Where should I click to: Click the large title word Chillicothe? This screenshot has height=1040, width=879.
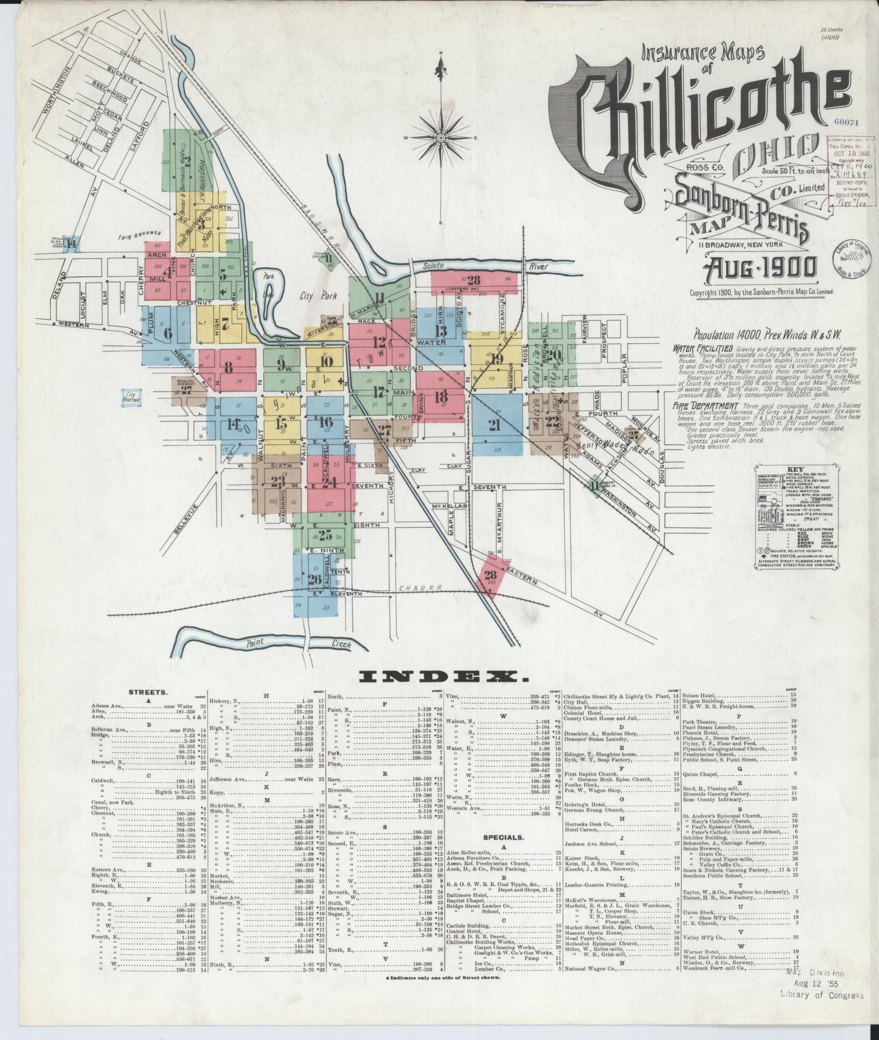(700, 116)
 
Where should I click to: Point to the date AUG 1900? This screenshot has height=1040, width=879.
(760, 268)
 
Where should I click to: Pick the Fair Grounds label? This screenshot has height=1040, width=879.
(140, 234)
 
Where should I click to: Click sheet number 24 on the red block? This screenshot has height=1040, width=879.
(329, 482)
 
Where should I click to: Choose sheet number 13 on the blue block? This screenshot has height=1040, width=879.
(440, 330)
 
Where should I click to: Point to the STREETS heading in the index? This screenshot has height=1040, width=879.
(148, 692)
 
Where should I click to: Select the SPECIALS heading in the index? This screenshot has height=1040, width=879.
(500, 837)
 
